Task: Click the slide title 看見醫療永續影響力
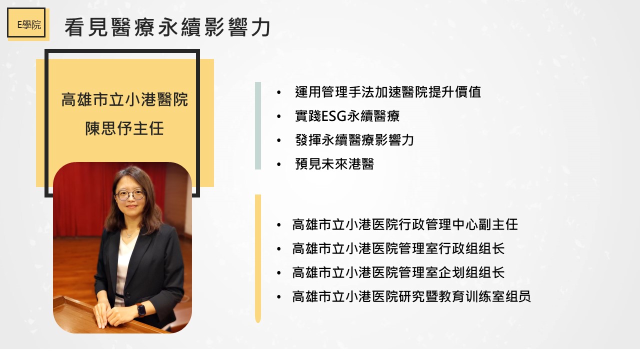point(167,27)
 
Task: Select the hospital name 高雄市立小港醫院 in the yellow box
point(124,99)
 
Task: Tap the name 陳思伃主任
point(124,128)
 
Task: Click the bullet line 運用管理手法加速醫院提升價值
point(388,92)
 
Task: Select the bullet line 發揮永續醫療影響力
point(354,140)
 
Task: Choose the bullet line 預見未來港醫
point(334,164)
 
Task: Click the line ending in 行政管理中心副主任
point(405,224)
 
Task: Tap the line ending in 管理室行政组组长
point(398,248)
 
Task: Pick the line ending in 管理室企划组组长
point(398,272)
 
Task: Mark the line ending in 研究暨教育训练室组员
point(411,296)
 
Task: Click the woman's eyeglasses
point(130,195)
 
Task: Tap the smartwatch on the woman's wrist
point(141,310)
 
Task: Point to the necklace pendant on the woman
point(129,235)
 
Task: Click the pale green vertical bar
point(258,125)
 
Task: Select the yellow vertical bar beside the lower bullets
point(258,259)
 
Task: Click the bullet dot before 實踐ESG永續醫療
point(279,116)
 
